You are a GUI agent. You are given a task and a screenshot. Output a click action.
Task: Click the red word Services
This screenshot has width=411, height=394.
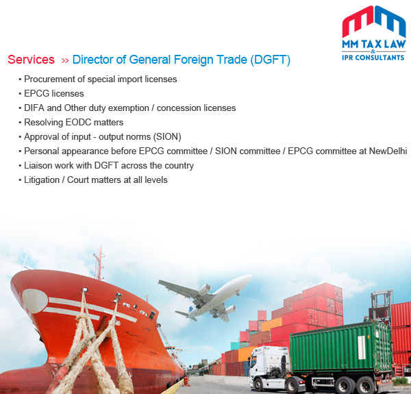pos(31,60)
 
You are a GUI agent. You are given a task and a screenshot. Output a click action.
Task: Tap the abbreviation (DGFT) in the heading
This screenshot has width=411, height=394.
pos(270,60)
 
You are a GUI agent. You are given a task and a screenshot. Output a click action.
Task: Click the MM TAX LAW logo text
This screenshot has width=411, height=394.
pos(374,44)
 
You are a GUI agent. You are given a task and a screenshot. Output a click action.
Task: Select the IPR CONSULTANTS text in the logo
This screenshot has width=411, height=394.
pos(373,58)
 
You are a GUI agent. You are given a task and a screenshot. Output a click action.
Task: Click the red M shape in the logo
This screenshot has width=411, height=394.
pos(357,23)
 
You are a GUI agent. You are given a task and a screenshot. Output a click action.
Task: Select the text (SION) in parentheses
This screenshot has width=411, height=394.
pos(168,137)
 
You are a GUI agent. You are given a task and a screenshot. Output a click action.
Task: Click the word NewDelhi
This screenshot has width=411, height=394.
pos(388,151)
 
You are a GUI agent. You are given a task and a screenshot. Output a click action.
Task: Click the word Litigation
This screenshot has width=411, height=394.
pos(42,180)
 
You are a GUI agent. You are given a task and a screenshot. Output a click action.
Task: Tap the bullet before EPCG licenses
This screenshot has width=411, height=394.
pos(20,94)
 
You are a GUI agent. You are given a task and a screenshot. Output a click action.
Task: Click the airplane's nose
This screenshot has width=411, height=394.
pos(249,278)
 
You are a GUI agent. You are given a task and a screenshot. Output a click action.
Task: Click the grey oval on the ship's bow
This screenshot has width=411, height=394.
pos(35,301)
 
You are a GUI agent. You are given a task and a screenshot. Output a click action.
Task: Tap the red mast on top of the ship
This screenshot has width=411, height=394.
pos(99,263)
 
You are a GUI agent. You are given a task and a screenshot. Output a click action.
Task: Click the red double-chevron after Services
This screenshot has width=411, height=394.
pos(65,61)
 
